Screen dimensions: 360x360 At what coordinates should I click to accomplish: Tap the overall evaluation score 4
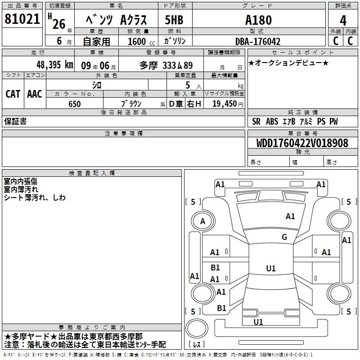(343, 20)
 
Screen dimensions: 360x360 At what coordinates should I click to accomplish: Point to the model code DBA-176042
(258, 41)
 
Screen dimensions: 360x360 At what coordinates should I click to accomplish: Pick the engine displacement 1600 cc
(140, 41)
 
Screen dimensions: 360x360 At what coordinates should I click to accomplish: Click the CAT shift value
(13, 94)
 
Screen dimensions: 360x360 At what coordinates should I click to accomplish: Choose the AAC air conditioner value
(34, 94)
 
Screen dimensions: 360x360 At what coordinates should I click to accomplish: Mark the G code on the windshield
(284, 237)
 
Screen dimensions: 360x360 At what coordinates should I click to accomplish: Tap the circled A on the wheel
(202, 221)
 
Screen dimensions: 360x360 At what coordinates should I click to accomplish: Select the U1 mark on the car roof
(270, 269)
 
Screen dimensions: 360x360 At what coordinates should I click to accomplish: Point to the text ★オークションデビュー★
(288, 63)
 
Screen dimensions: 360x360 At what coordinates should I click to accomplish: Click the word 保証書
(15, 121)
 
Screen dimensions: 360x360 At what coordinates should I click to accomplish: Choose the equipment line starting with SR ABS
(295, 121)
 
